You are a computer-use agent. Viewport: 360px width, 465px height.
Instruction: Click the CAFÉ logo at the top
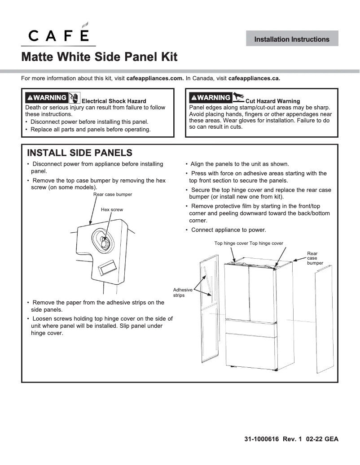(59, 34)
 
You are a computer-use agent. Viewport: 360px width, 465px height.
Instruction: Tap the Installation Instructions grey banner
(292, 39)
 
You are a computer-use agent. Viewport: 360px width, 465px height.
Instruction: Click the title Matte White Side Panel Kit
(99, 57)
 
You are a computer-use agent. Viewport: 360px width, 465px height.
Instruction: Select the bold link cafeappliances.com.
(155, 78)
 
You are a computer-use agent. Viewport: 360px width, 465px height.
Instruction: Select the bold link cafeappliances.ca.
(254, 78)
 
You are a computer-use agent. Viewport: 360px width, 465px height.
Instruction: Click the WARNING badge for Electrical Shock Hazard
(46, 98)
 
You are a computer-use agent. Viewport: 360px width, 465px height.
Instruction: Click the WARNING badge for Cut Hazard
(210, 97)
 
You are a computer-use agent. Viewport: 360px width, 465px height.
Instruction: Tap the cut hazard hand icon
(238, 97)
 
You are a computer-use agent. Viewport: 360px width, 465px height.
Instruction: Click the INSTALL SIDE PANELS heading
(79, 153)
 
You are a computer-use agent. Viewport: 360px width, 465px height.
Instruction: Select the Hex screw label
(112, 209)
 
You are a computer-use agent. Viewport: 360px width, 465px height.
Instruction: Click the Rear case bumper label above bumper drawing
(113, 194)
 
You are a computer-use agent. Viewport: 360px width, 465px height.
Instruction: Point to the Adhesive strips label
(183, 292)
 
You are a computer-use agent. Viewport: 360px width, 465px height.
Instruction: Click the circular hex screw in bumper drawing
(104, 240)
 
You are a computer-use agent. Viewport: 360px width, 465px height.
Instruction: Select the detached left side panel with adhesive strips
(209, 309)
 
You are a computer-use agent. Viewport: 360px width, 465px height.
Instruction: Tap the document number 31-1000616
(262, 439)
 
